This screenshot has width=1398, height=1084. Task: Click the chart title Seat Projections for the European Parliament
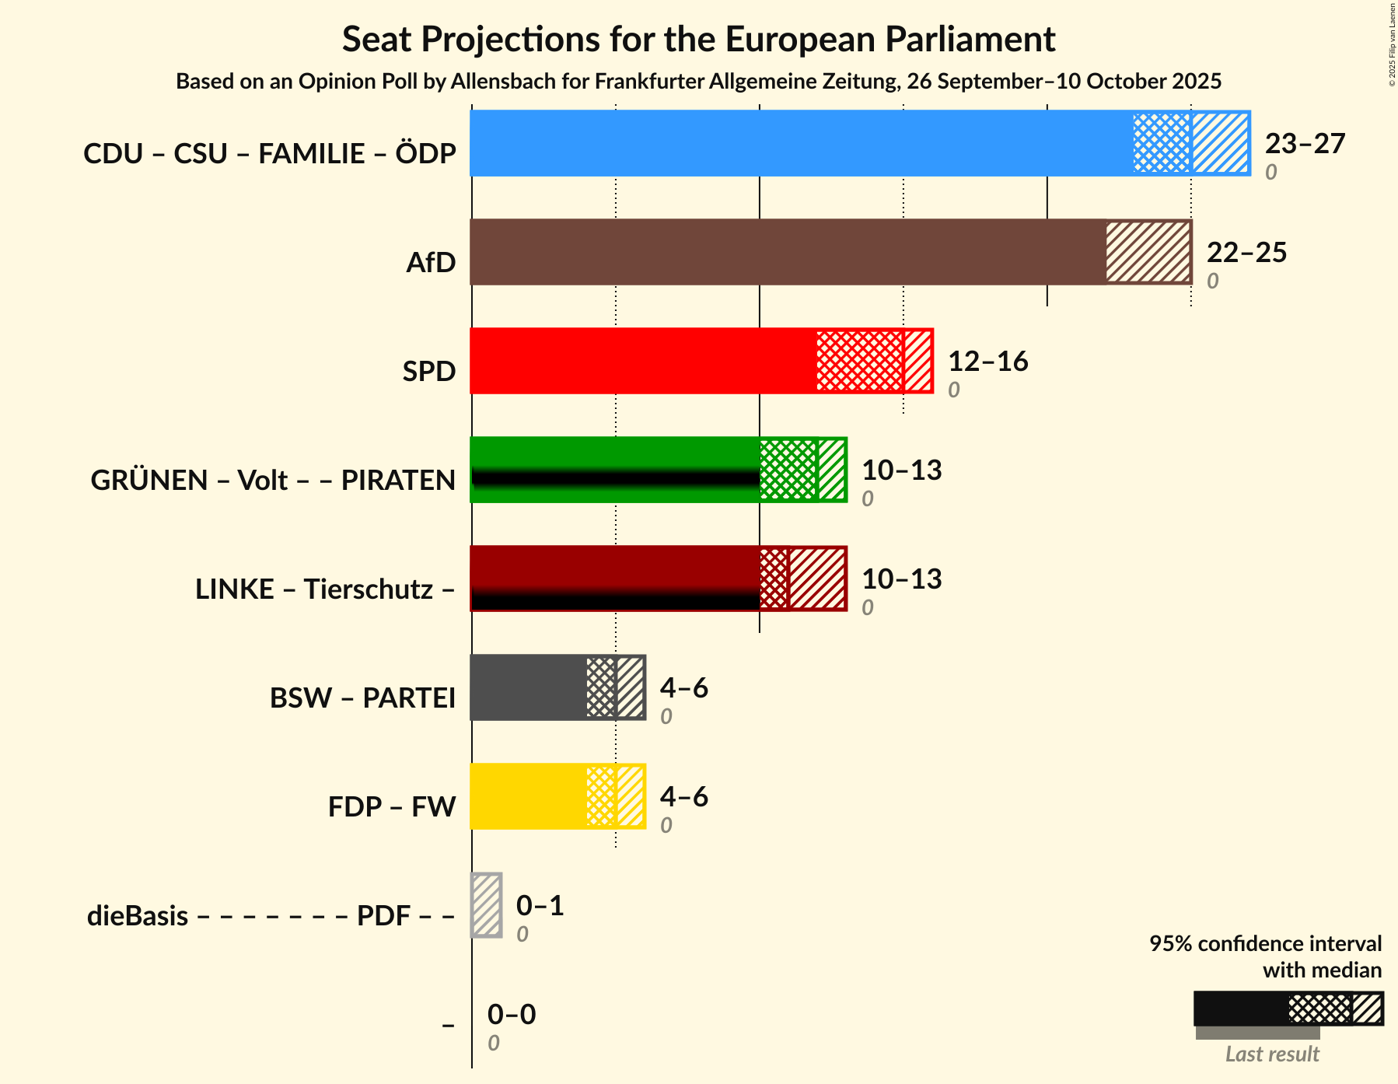pyautogui.click(x=698, y=39)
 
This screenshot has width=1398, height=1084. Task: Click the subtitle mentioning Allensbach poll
pyautogui.click(x=698, y=82)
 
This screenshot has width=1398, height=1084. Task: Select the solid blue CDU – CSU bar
pyautogui.click(x=802, y=143)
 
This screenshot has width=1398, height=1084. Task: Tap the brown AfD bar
pyautogui.click(x=788, y=252)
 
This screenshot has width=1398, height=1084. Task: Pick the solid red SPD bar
pyautogui.click(x=643, y=361)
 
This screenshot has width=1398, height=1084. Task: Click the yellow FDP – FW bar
pyautogui.click(x=528, y=796)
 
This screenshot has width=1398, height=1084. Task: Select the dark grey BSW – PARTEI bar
pyautogui.click(x=528, y=687)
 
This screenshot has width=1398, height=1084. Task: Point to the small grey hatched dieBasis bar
pyautogui.click(x=487, y=905)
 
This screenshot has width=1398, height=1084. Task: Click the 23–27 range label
pyautogui.click(x=1305, y=144)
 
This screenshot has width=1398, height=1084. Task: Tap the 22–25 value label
pyautogui.click(x=1246, y=253)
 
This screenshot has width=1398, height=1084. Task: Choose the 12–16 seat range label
pyautogui.click(x=987, y=362)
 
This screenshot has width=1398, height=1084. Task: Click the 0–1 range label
pyautogui.click(x=540, y=906)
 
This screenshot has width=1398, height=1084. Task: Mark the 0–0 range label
pyautogui.click(x=512, y=1015)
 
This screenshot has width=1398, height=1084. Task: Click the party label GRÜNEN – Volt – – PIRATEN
pyautogui.click(x=273, y=481)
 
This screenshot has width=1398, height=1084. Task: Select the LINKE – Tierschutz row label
pyautogui.click(x=325, y=589)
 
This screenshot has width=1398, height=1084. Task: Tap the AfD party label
pyautogui.click(x=431, y=263)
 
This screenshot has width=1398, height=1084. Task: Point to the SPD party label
pyautogui.click(x=428, y=372)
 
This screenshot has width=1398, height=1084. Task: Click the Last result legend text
pyautogui.click(x=1272, y=1054)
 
